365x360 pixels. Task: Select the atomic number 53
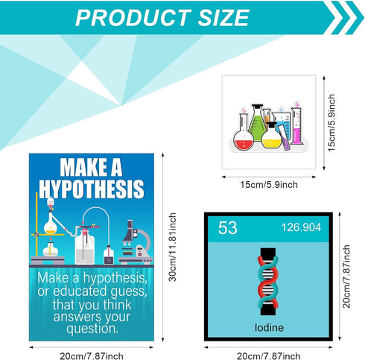click(x=226, y=228)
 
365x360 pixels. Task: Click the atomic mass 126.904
click(x=301, y=228)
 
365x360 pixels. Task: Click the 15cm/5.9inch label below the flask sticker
click(x=269, y=184)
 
